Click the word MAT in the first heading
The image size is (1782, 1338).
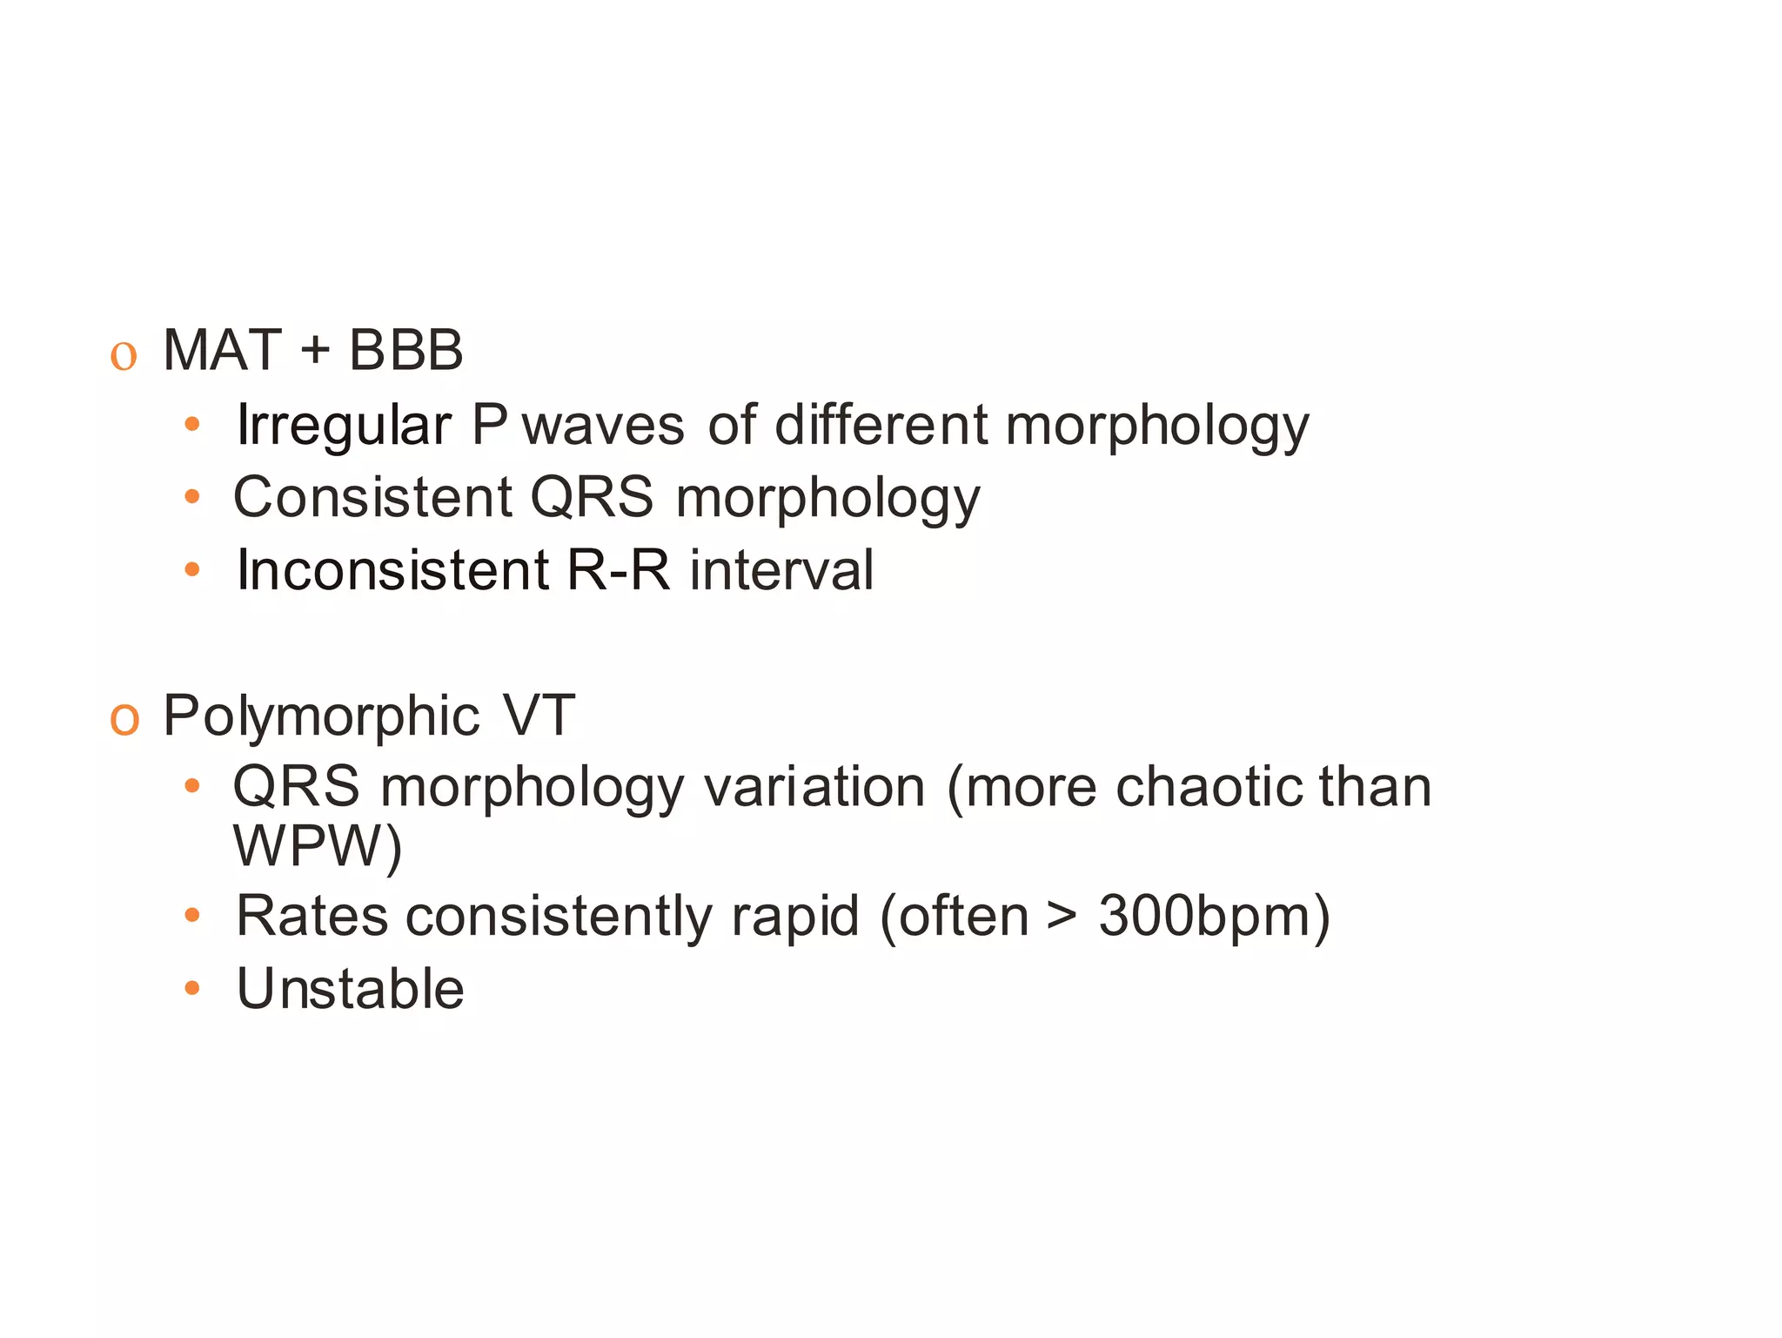coord(222,350)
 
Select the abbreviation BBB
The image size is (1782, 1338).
coord(405,350)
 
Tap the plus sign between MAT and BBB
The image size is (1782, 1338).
coord(315,350)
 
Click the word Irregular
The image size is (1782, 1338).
coord(344,426)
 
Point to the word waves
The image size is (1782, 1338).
coord(603,426)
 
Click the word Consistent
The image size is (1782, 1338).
coord(372,497)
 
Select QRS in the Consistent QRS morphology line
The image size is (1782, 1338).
coord(592,497)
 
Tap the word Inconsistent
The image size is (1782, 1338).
coord(392,570)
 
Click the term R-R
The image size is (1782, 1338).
coord(619,570)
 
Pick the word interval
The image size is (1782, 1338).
coord(781,570)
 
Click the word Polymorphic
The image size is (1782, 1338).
coord(321,716)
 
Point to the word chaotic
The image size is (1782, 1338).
coord(1209,787)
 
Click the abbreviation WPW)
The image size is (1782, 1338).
coord(318,845)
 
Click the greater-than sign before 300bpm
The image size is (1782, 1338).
coord(1062,917)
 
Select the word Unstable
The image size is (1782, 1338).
coord(351,989)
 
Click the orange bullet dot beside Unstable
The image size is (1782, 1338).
coord(192,989)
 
